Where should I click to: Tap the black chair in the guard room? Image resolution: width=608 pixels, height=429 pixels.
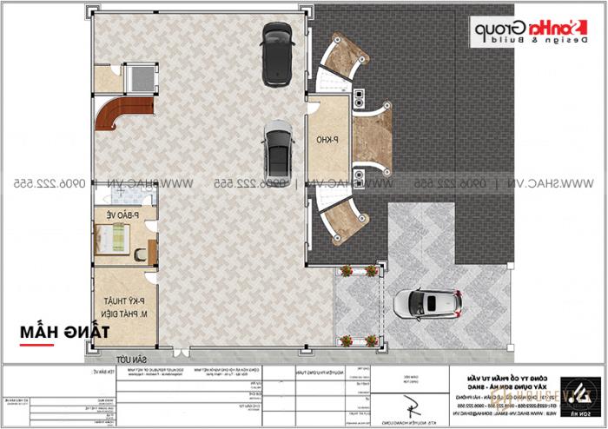(140, 254)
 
